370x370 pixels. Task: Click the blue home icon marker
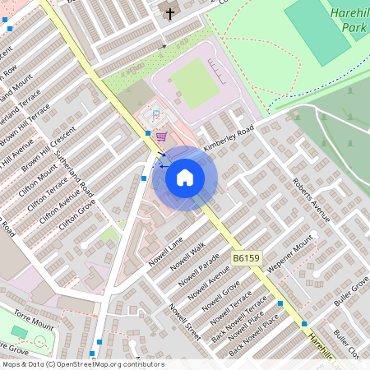click(x=185, y=178)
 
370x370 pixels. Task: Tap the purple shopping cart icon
click(x=162, y=136)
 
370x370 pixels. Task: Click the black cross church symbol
click(x=170, y=14)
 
